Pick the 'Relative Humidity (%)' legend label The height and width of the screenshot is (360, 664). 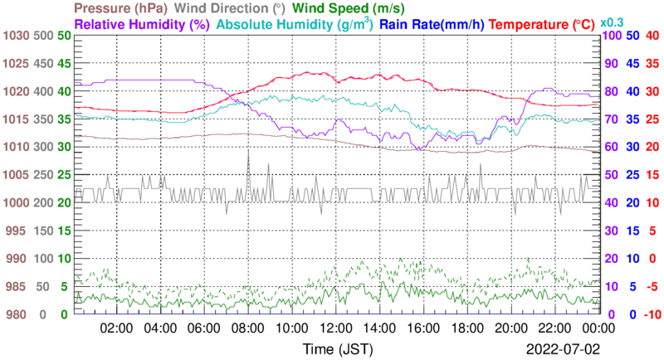point(142,24)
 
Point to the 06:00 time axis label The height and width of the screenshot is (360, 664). point(203,328)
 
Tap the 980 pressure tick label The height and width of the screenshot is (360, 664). point(17,314)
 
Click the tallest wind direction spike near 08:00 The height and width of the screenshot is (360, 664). point(248,153)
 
